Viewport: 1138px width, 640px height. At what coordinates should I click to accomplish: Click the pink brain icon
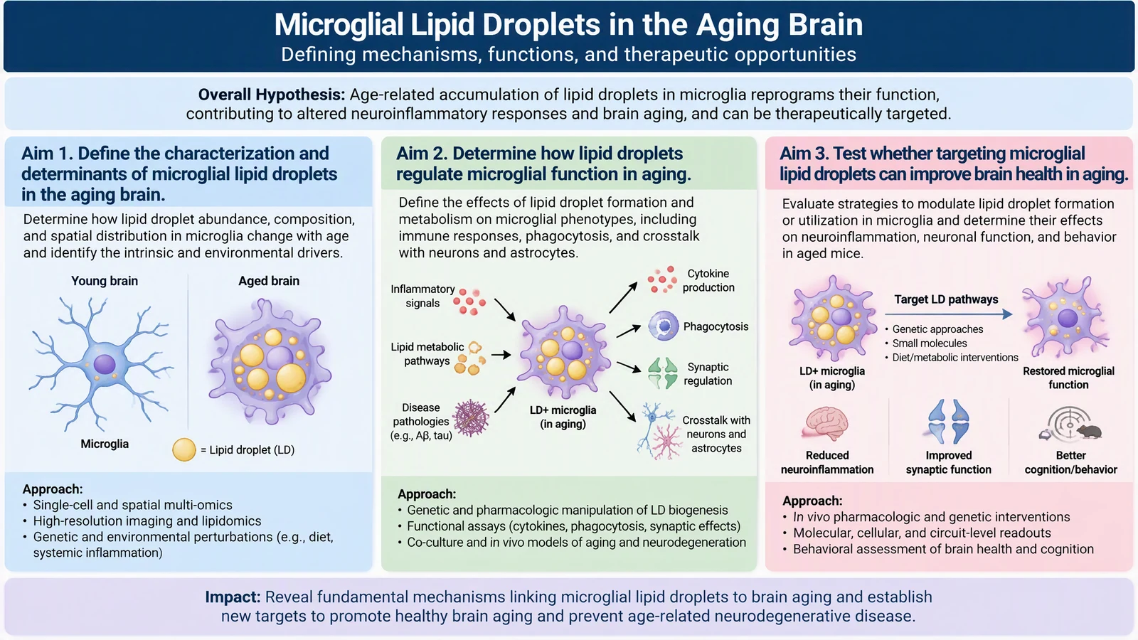click(x=826, y=423)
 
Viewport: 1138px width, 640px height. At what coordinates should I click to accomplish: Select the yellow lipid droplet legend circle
click(x=184, y=449)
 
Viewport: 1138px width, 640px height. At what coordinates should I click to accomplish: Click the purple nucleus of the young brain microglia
click(x=105, y=364)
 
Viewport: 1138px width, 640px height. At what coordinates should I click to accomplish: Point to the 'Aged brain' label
click(x=269, y=281)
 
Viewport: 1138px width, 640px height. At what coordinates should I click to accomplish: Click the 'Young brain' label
click(x=104, y=281)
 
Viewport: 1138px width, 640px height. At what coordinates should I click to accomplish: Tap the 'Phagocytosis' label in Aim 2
click(x=716, y=326)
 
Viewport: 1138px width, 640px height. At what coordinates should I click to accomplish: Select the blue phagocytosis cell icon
click(x=663, y=326)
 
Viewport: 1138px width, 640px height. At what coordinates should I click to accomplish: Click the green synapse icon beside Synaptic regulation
click(x=662, y=373)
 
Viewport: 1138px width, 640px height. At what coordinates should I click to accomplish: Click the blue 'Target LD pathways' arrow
click(x=950, y=314)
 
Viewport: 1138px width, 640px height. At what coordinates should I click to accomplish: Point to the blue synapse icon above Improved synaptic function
click(x=948, y=422)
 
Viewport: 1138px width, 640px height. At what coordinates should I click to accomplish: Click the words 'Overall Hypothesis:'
click(x=271, y=95)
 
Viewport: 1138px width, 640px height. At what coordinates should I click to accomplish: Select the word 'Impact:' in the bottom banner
click(x=233, y=597)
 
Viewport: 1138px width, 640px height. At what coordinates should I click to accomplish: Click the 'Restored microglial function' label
click(x=1068, y=378)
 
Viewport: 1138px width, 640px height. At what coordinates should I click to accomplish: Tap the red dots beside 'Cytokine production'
click(x=662, y=280)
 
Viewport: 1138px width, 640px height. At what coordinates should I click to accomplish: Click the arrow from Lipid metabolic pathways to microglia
click(x=501, y=355)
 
